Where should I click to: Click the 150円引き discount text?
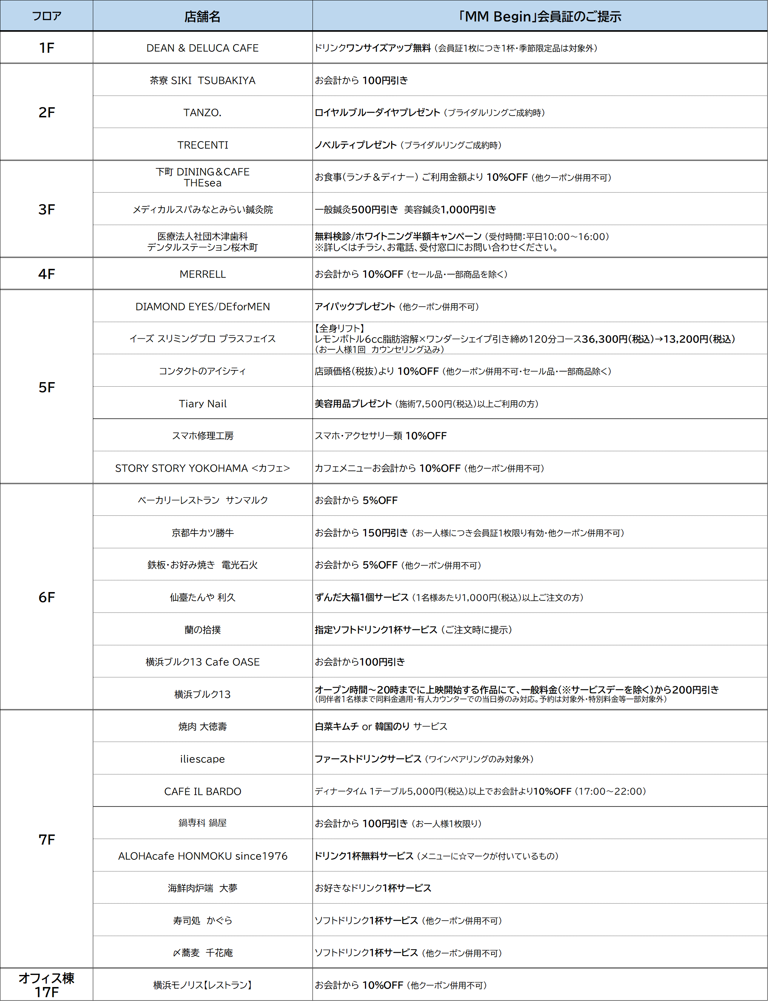coord(385,533)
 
